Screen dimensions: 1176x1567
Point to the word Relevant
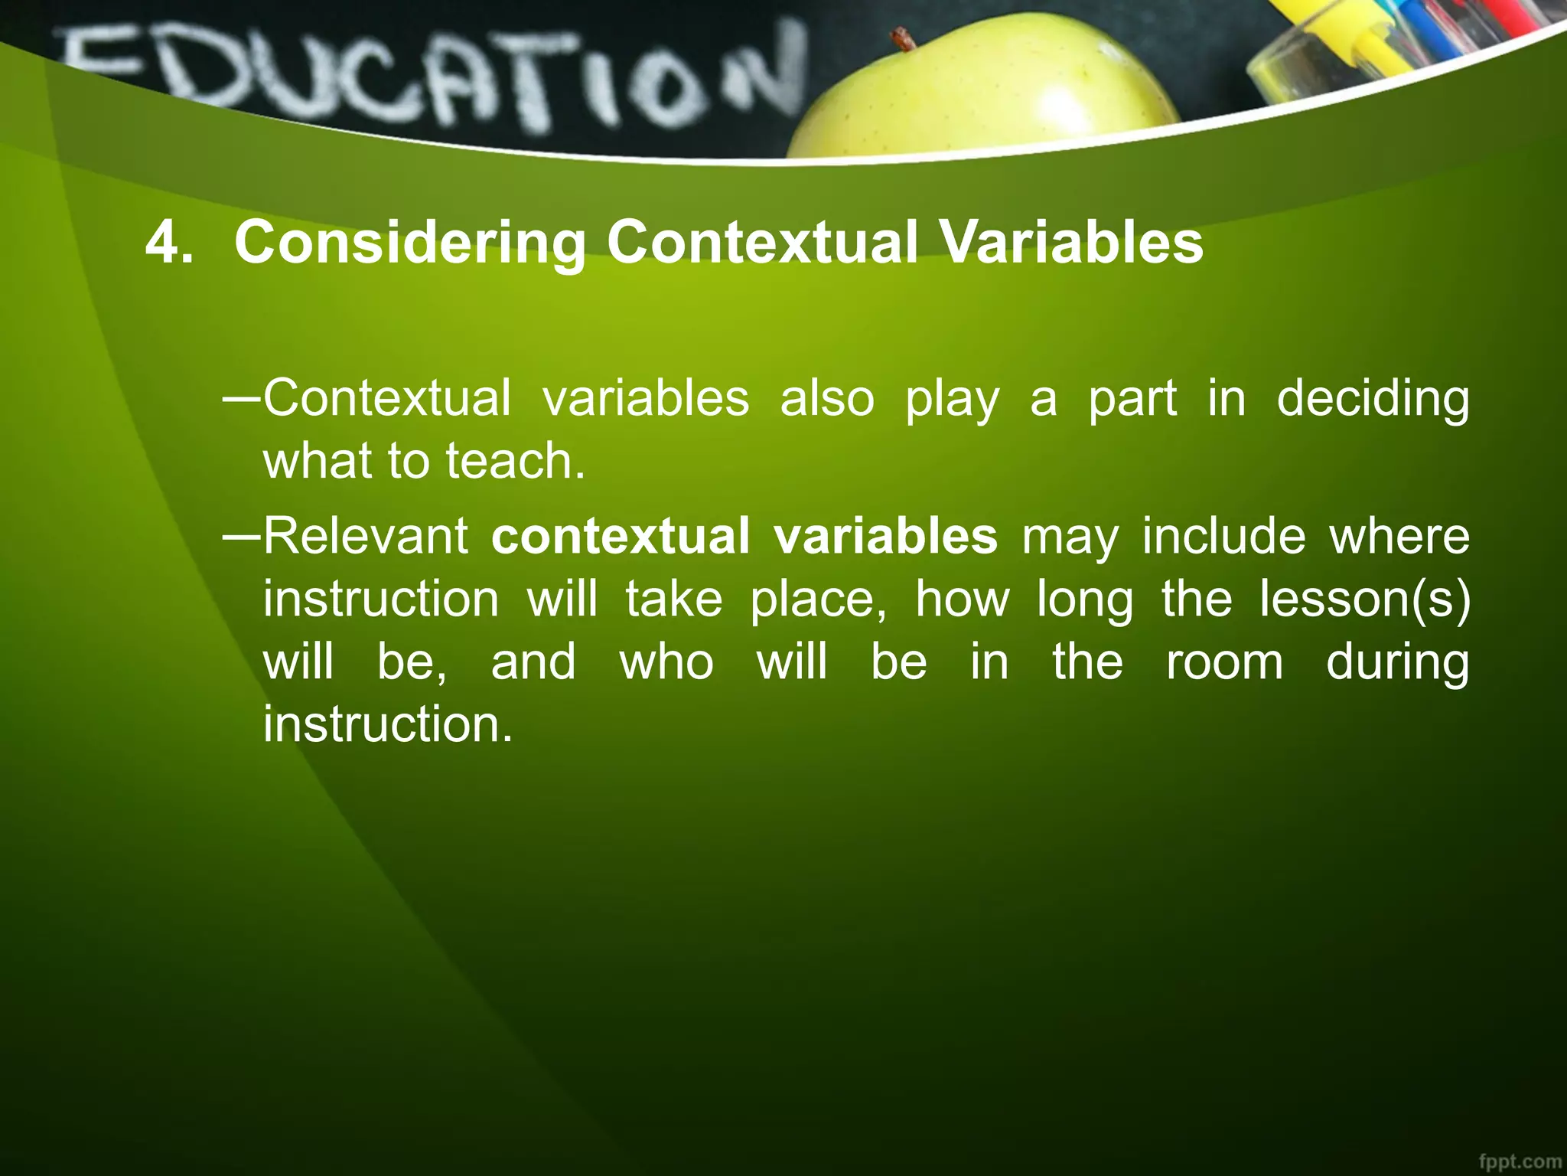tap(366, 536)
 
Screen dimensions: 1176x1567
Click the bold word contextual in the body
tap(621, 536)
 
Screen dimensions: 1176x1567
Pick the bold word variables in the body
tap(885, 536)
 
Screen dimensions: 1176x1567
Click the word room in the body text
tap(1224, 661)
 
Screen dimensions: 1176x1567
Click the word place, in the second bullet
tap(819, 599)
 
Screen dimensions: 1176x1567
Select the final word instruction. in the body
tap(387, 724)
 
